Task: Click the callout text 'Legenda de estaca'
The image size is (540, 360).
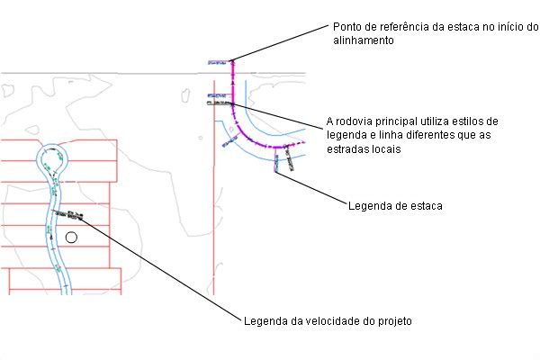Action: [x=394, y=206]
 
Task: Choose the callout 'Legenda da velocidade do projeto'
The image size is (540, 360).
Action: [x=328, y=320]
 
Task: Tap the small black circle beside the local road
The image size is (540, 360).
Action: [x=72, y=238]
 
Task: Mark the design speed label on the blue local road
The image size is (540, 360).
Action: [x=73, y=214]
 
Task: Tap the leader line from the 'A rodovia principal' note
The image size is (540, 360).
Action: [x=279, y=114]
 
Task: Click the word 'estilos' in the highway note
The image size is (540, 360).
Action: [x=478, y=121]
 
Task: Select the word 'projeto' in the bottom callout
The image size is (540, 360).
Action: [x=392, y=320]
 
